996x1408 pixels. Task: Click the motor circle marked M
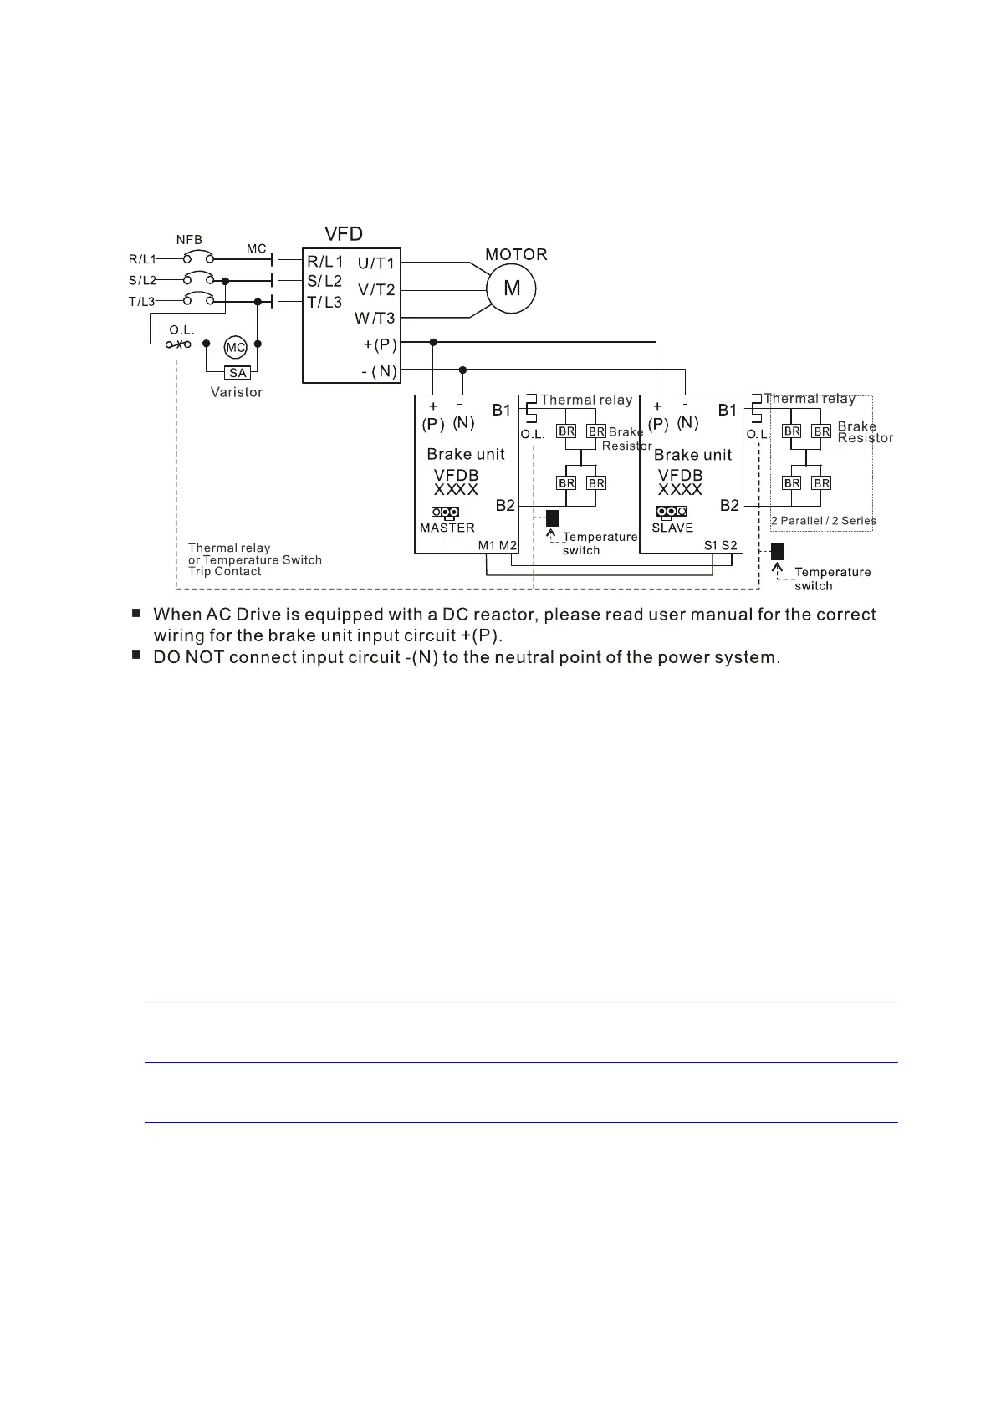[512, 288]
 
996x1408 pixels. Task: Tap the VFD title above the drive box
[344, 234]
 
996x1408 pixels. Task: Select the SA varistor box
[238, 373]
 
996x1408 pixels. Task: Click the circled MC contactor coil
[236, 347]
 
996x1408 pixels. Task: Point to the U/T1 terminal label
[375, 263]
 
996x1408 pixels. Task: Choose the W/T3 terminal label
[375, 318]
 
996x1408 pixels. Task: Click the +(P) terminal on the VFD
[380, 344]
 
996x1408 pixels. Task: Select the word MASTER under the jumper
[447, 528]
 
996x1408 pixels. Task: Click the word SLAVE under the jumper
[672, 528]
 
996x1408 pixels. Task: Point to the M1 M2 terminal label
[498, 545]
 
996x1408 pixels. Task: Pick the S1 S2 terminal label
[721, 545]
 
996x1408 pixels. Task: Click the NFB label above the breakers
[189, 240]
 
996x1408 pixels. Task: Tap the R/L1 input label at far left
[142, 259]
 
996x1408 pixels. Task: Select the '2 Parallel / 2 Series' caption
[823, 520]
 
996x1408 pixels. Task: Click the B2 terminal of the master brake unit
[505, 505]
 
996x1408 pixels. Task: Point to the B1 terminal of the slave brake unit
[728, 410]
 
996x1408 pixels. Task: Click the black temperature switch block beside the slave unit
[777, 552]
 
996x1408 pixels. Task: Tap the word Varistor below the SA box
[237, 392]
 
